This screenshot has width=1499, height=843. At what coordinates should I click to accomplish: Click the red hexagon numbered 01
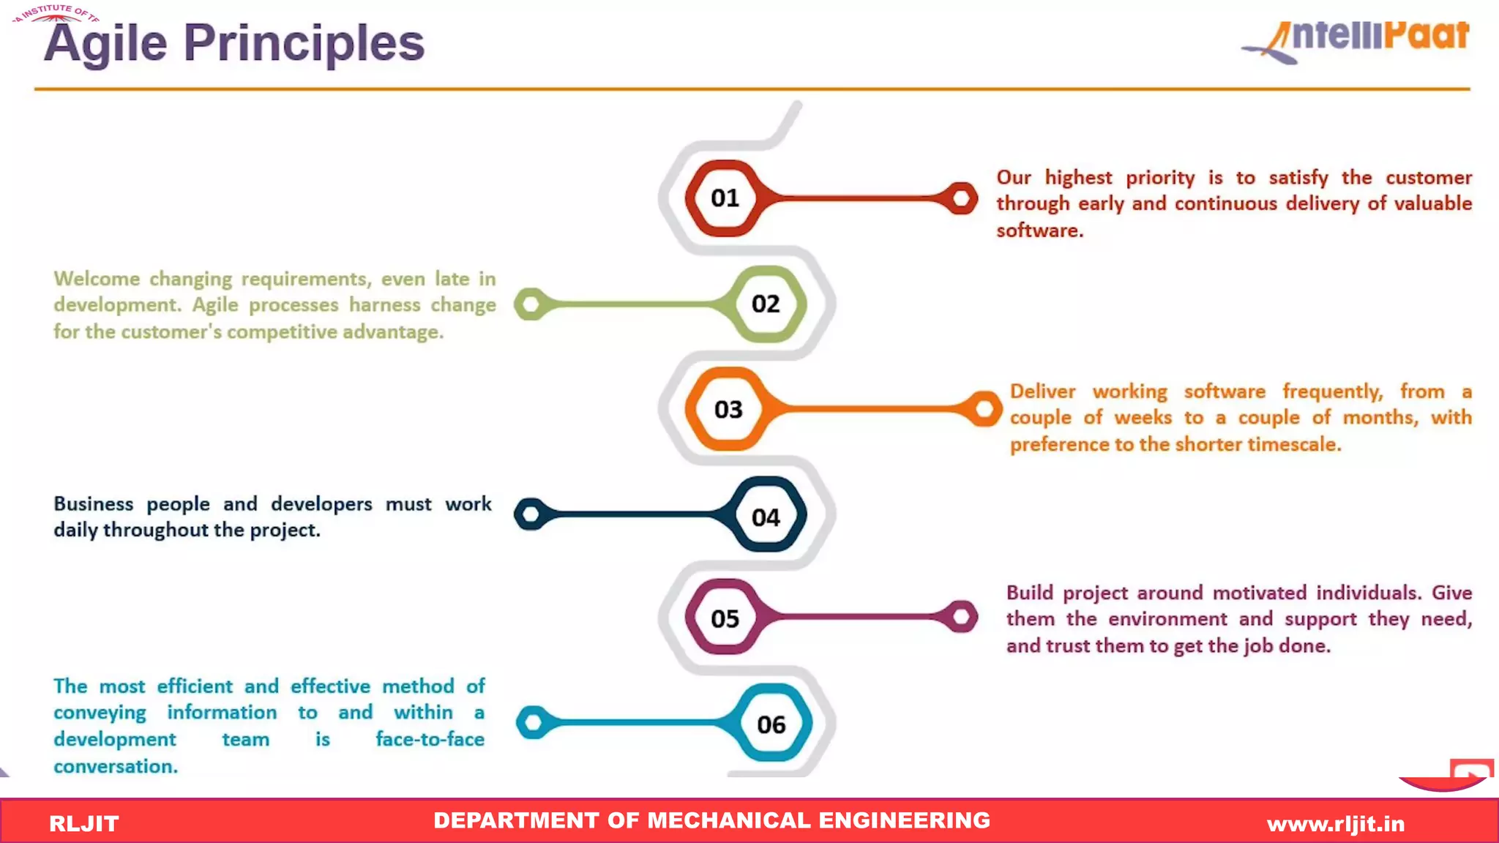pyautogui.click(x=725, y=198)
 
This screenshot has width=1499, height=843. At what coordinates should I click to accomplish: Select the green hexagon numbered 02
pyautogui.click(x=766, y=304)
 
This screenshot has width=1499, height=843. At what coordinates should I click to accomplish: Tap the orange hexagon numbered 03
pyautogui.click(x=728, y=409)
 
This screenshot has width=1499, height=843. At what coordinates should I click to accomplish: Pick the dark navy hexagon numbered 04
pyautogui.click(x=766, y=517)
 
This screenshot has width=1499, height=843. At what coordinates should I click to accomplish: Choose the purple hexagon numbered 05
pyautogui.click(x=725, y=618)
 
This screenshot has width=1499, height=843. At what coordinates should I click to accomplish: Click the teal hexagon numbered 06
pyautogui.click(x=771, y=724)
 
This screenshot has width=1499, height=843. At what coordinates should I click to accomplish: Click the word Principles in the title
pyautogui.click(x=304, y=42)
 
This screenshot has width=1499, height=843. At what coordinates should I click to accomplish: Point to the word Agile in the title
pyautogui.click(x=105, y=42)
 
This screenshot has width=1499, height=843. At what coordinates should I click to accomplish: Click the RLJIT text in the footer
pyautogui.click(x=83, y=823)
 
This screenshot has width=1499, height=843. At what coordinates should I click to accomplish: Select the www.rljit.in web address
pyautogui.click(x=1336, y=824)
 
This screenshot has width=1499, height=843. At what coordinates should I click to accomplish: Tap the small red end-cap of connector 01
pyautogui.click(x=961, y=198)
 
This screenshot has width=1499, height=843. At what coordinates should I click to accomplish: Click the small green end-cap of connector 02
pyautogui.click(x=531, y=304)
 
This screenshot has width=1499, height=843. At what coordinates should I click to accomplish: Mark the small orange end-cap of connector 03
pyautogui.click(x=984, y=408)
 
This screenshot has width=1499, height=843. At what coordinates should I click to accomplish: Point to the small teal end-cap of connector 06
pyautogui.click(x=533, y=723)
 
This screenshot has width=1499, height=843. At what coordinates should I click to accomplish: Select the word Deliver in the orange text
pyautogui.click(x=1042, y=391)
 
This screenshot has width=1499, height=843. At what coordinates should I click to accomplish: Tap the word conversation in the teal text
pyautogui.click(x=115, y=766)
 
